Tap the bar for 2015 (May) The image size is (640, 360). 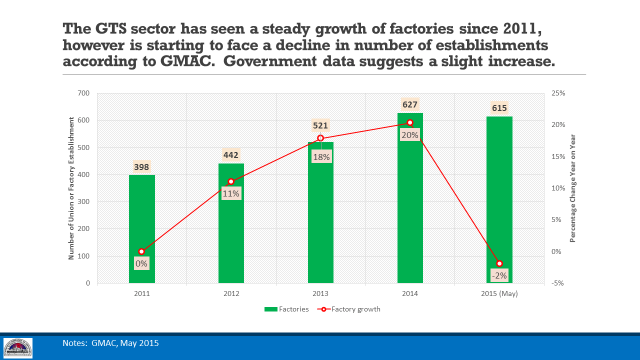[499, 200]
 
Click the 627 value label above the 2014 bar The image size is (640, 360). [410, 104]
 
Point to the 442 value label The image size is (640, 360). [231, 155]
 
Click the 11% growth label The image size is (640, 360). [231, 193]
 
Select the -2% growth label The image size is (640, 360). [499, 275]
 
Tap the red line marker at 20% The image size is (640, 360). [410, 122]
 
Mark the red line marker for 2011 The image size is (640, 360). [141, 251]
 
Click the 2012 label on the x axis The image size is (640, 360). [231, 293]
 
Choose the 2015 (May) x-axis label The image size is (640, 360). [499, 293]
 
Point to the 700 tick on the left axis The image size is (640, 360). [83, 93]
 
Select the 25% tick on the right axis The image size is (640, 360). [558, 93]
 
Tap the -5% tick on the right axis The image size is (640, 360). [558, 283]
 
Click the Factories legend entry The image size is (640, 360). [287, 309]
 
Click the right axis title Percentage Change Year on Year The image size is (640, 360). [573, 188]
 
